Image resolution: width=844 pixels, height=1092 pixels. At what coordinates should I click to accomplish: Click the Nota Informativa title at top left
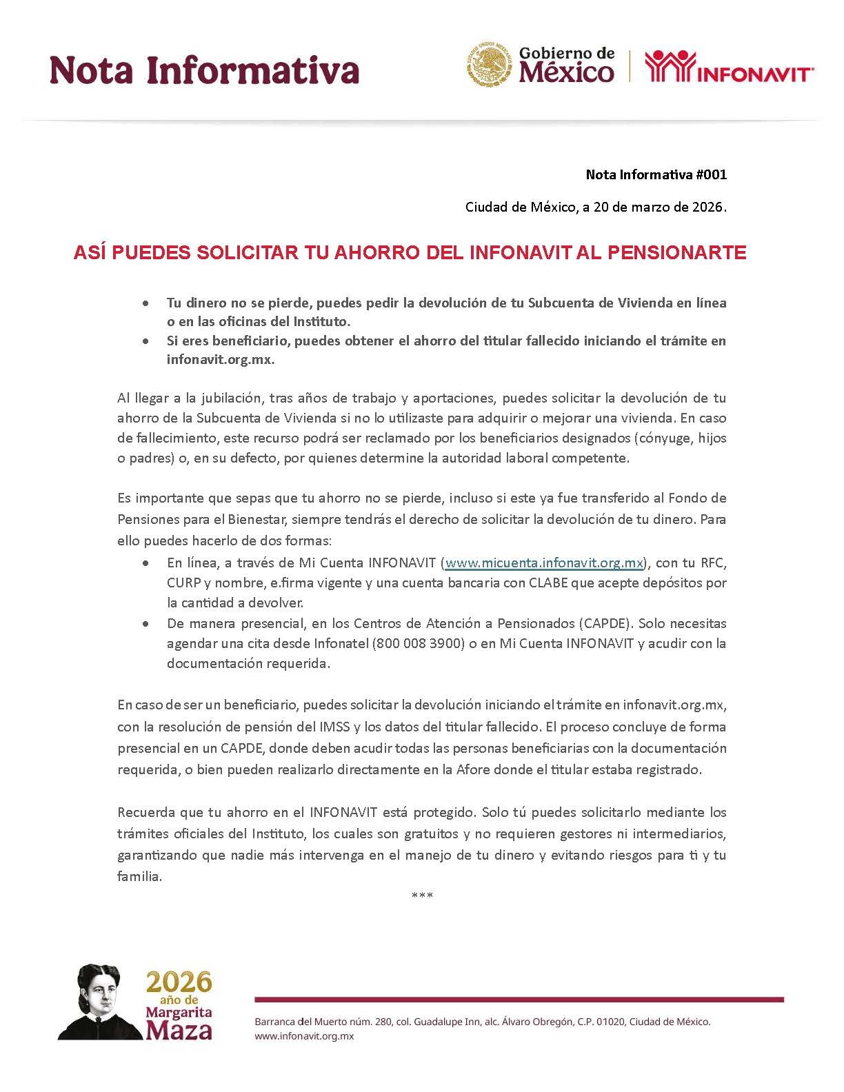(x=204, y=70)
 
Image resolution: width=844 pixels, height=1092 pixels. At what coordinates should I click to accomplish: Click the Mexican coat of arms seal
(x=489, y=65)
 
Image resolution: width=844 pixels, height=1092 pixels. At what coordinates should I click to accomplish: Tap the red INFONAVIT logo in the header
(x=729, y=68)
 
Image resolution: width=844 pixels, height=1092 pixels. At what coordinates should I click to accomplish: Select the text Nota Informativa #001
(x=656, y=174)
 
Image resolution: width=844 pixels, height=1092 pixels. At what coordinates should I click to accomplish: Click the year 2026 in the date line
(x=710, y=207)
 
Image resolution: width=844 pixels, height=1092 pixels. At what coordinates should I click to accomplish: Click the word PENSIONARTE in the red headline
(x=676, y=253)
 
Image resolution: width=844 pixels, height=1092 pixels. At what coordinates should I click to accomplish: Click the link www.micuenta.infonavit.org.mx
(x=544, y=563)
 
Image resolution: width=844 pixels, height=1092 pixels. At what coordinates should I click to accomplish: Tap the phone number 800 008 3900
(x=416, y=643)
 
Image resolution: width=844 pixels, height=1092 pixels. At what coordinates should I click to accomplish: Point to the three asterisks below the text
(x=422, y=896)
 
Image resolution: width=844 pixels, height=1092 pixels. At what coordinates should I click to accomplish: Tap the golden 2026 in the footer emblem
(x=179, y=982)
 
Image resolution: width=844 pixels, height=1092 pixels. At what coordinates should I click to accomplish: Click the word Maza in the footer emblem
(x=179, y=1030)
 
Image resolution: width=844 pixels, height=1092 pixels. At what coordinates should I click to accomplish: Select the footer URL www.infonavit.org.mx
(x=304, y=1036)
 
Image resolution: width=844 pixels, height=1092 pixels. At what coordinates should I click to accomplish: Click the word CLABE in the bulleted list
(x=547, y=583)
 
